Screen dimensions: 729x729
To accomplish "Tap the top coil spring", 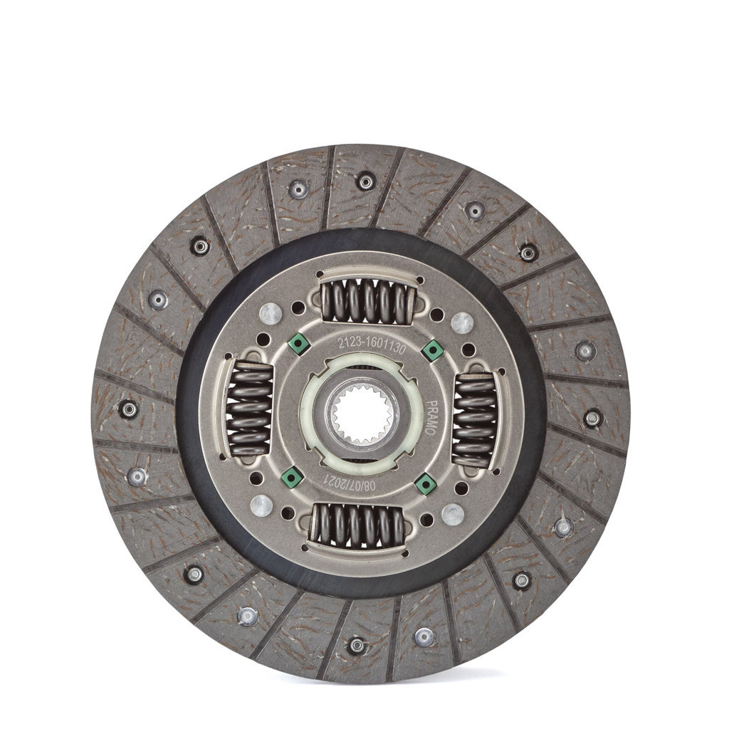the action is coord(368,300).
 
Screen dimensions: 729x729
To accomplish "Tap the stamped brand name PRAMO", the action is coord(431,417).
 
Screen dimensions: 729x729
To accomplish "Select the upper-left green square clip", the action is coord(298,344).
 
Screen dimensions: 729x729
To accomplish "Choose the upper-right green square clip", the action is coord(432,350).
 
